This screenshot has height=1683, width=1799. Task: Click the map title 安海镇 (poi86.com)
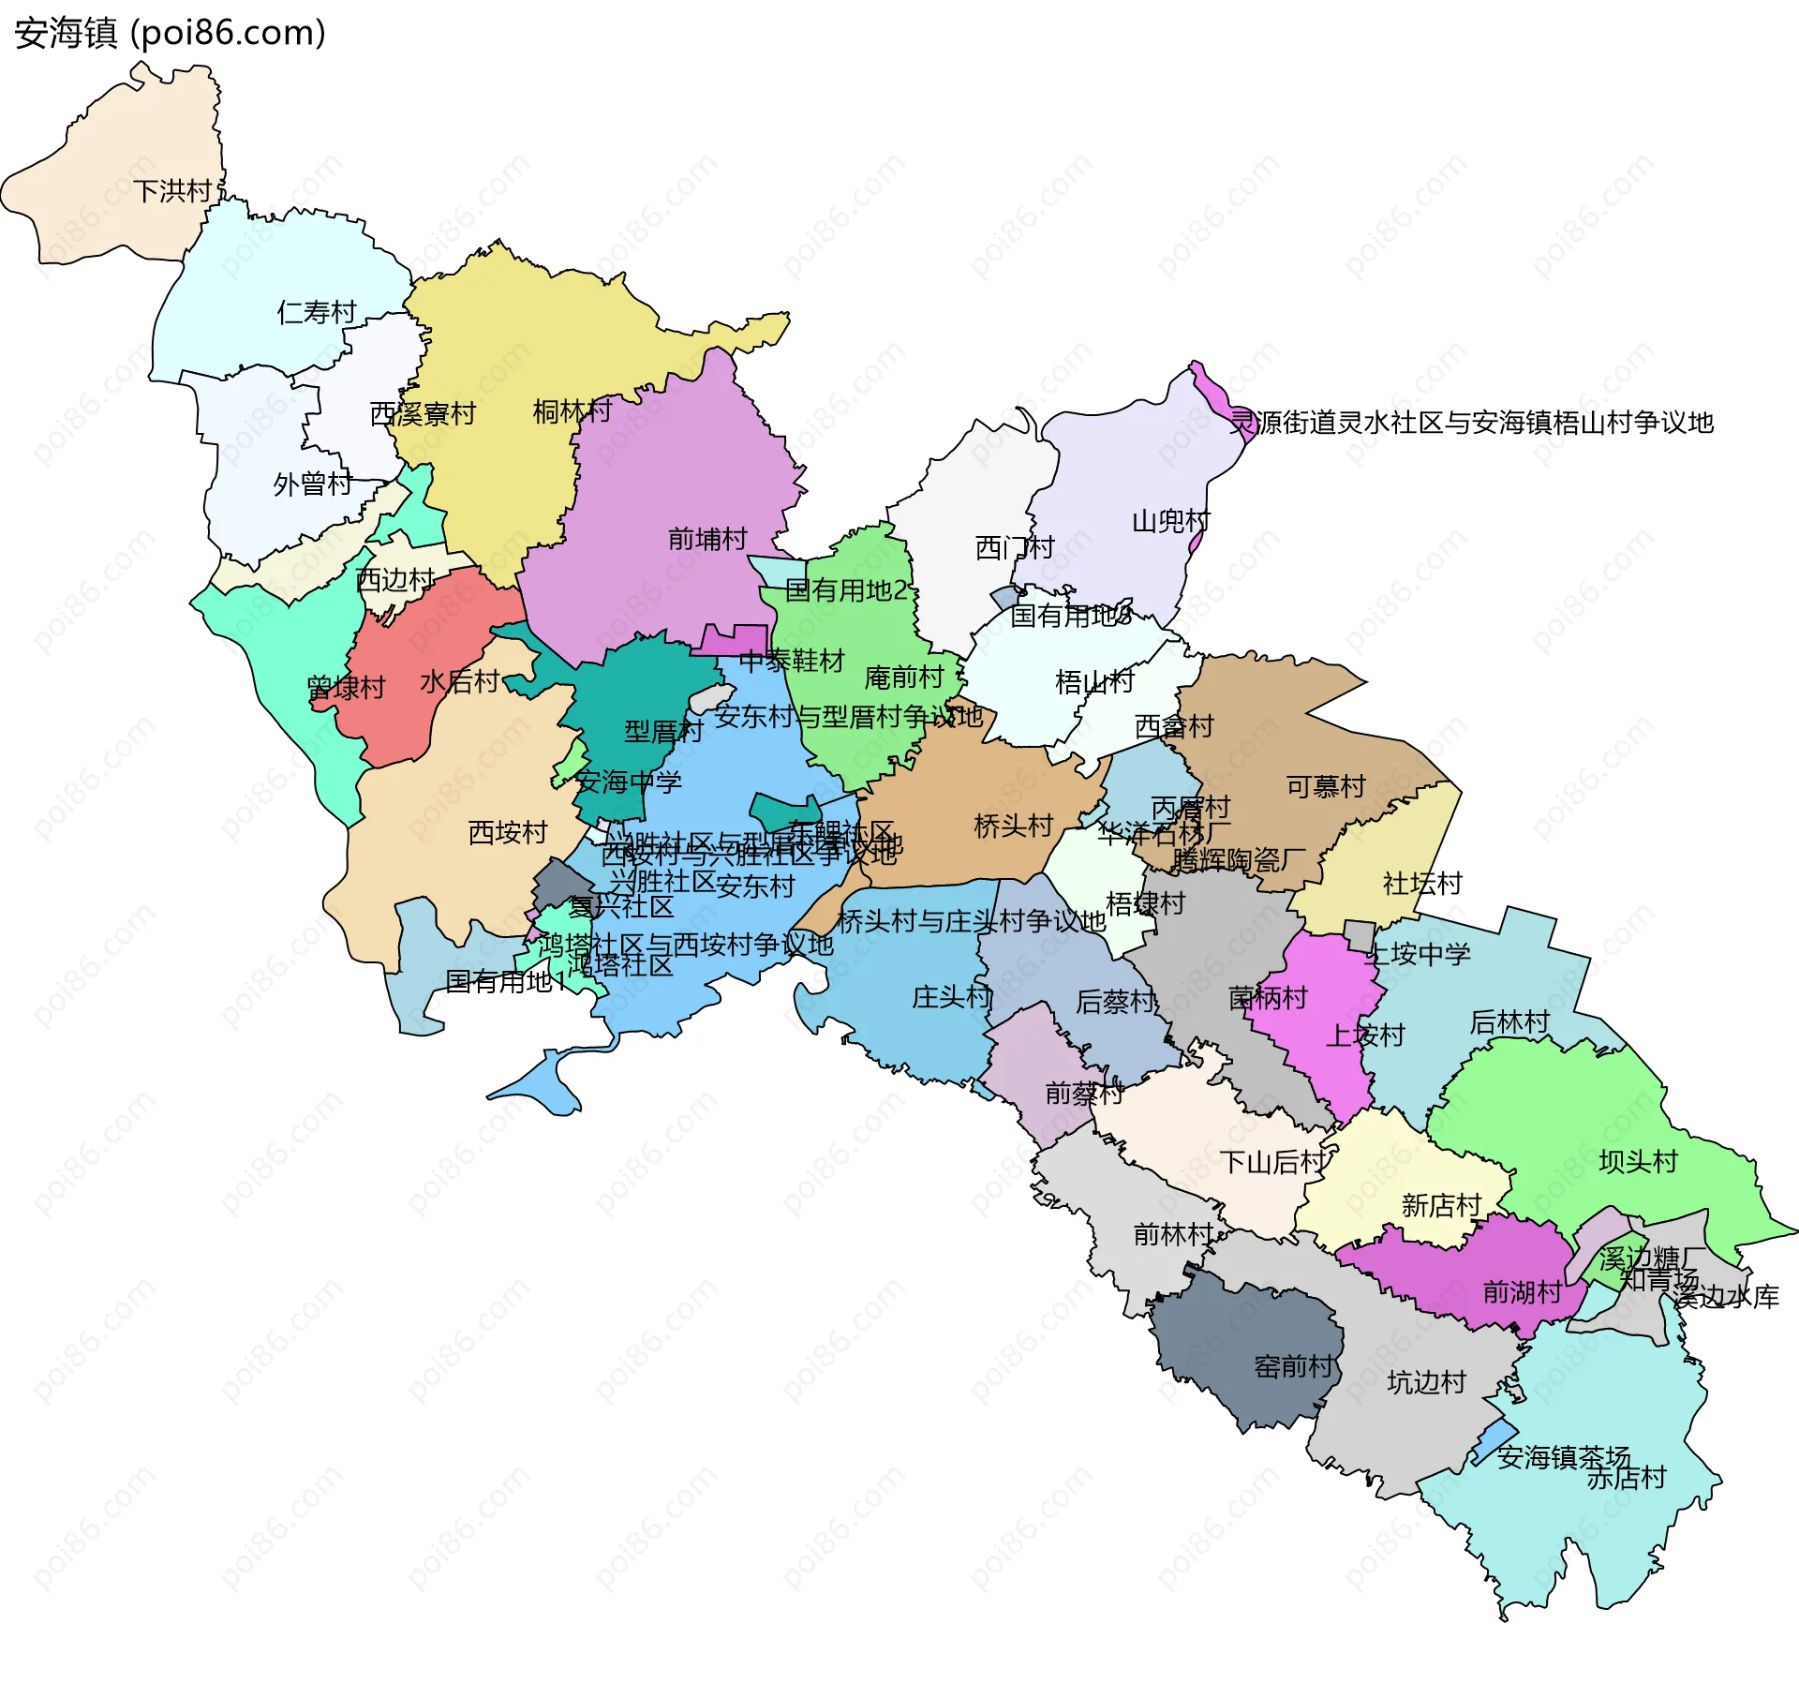[x=171, y=33]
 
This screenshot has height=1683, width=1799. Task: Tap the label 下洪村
[x=172, y=191]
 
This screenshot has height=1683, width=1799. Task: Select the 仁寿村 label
[x=317, y=312]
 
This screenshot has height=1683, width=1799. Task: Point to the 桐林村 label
[x=572, y=410]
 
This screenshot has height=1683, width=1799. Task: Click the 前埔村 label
[x=707, y=539]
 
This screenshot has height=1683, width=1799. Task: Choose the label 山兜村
[x=1171, y=521]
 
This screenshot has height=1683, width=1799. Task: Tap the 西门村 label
[x=1015, y=547]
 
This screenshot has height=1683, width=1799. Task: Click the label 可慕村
[x=1326, y=786]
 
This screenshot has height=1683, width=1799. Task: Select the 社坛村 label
[x=1422, y=883]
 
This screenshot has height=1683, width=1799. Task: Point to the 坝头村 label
[x=1638, y=1161]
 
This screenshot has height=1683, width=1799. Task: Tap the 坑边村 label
[x=1426, y=1382]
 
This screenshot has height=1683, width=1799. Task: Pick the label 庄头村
[x=951, y=996]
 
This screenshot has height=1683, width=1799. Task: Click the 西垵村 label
[x=507, y=832]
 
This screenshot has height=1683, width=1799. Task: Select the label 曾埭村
[x=346, y=688]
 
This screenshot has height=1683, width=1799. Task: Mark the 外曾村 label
[x=312, y=484]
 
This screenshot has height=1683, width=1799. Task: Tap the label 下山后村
[x=1272, y=1162]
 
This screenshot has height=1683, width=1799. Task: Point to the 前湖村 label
[x=1522, y=1292]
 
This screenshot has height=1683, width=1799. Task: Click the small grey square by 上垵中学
[x=1359, y=934]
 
